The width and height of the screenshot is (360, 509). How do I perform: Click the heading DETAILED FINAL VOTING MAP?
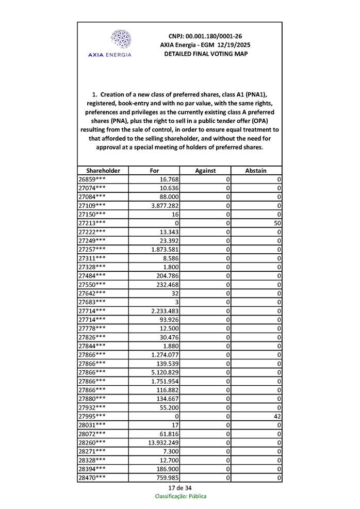205,54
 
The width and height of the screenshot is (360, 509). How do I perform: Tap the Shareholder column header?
103,171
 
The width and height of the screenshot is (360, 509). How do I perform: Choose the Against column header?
205,171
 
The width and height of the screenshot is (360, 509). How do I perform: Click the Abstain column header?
256,171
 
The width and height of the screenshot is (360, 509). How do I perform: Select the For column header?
154,171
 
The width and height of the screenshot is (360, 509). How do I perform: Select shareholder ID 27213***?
92,223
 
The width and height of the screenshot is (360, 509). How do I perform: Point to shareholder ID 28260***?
92,442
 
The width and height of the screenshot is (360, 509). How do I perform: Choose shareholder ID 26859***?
92,179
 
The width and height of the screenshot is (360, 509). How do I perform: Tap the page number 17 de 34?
180,488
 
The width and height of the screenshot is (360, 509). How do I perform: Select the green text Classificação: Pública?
181,496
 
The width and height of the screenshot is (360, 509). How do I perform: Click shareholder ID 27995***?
92,416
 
